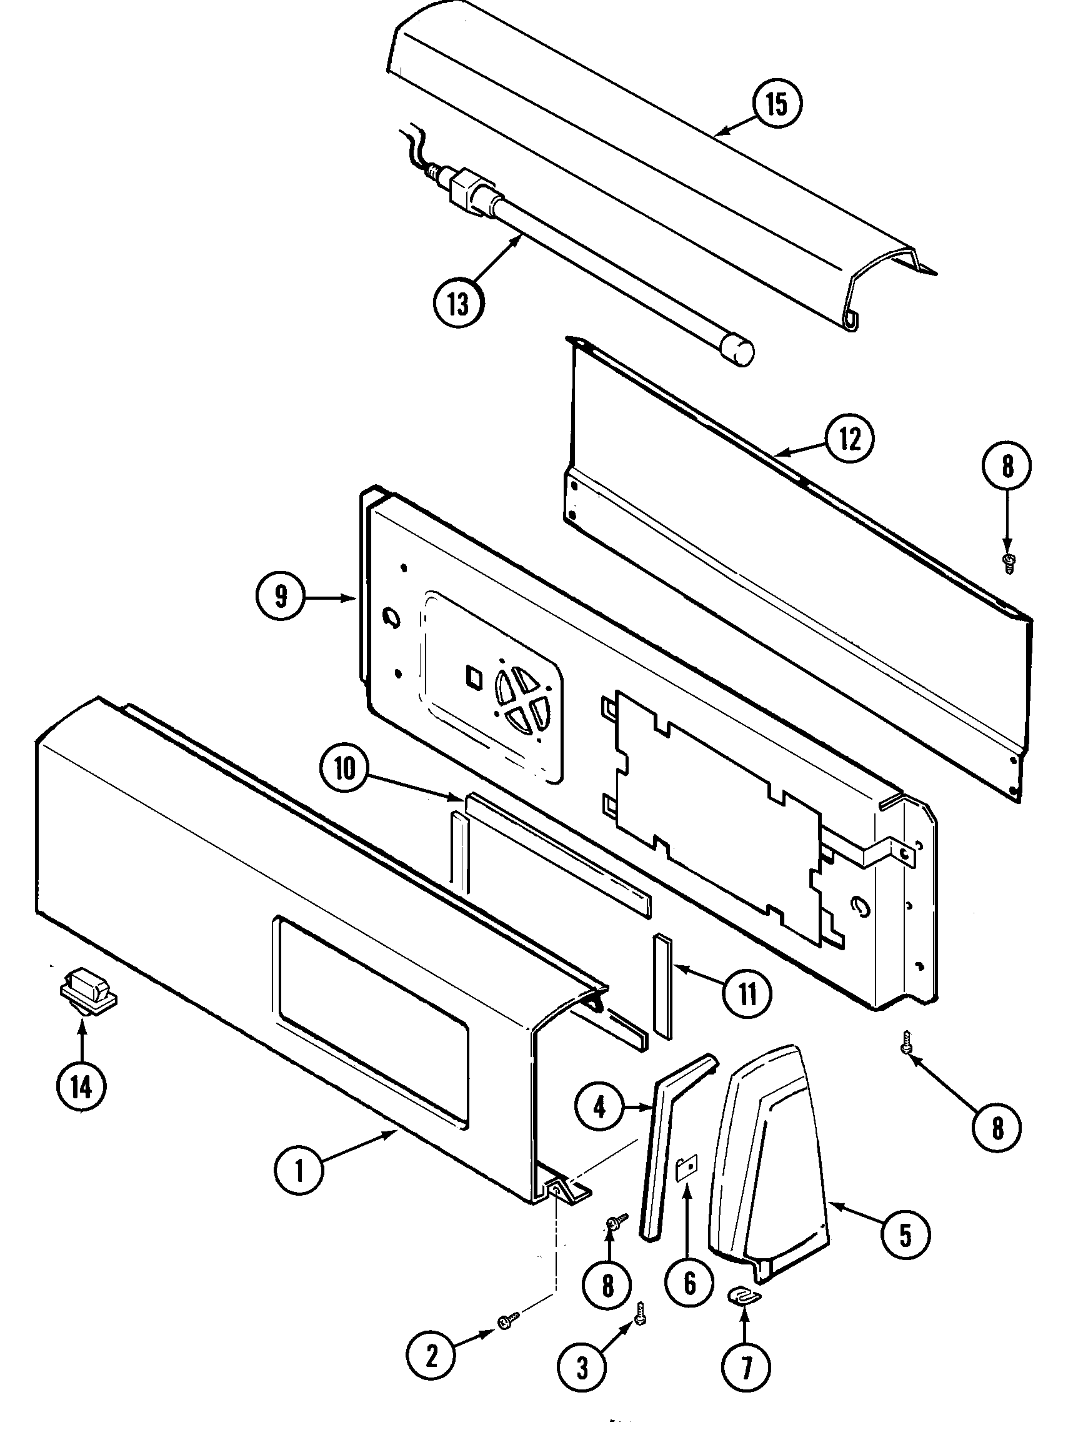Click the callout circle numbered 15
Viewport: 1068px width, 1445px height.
[x=776, y=104]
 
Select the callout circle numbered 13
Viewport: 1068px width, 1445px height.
[x=458, y=302]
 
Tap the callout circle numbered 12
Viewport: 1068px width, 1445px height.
[x=849, y=439]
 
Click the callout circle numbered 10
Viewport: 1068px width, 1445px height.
[x=346, y=769]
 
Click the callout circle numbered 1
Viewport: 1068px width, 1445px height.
[x=299, y=1170]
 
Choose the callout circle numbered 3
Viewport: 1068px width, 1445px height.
[x=582, y=1367]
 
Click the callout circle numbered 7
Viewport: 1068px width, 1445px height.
[x=746, y=1366]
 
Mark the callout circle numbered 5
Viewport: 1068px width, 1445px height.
[x=905, y=1235]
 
